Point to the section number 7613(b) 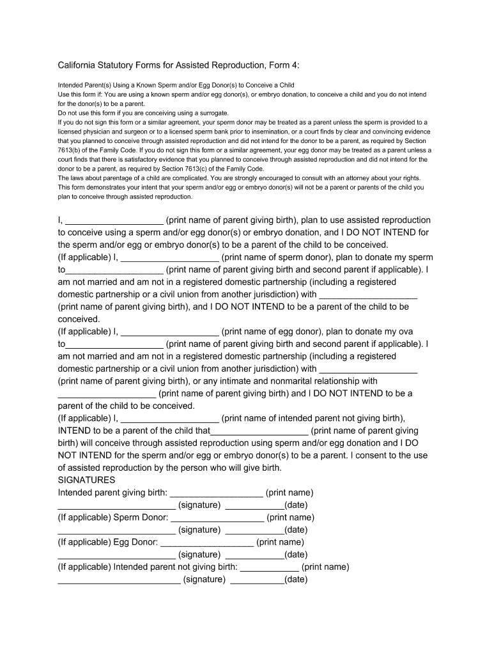click(x=73, y=150)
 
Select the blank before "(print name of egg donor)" click(x=169, y=332)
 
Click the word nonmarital click(x=272, y=381)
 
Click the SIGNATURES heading click(x=87, y=480)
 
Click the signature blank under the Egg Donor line click(x=116, y=555)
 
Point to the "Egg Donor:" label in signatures click(x=135, y=542)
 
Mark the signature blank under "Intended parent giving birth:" click(x=116, y=506)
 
